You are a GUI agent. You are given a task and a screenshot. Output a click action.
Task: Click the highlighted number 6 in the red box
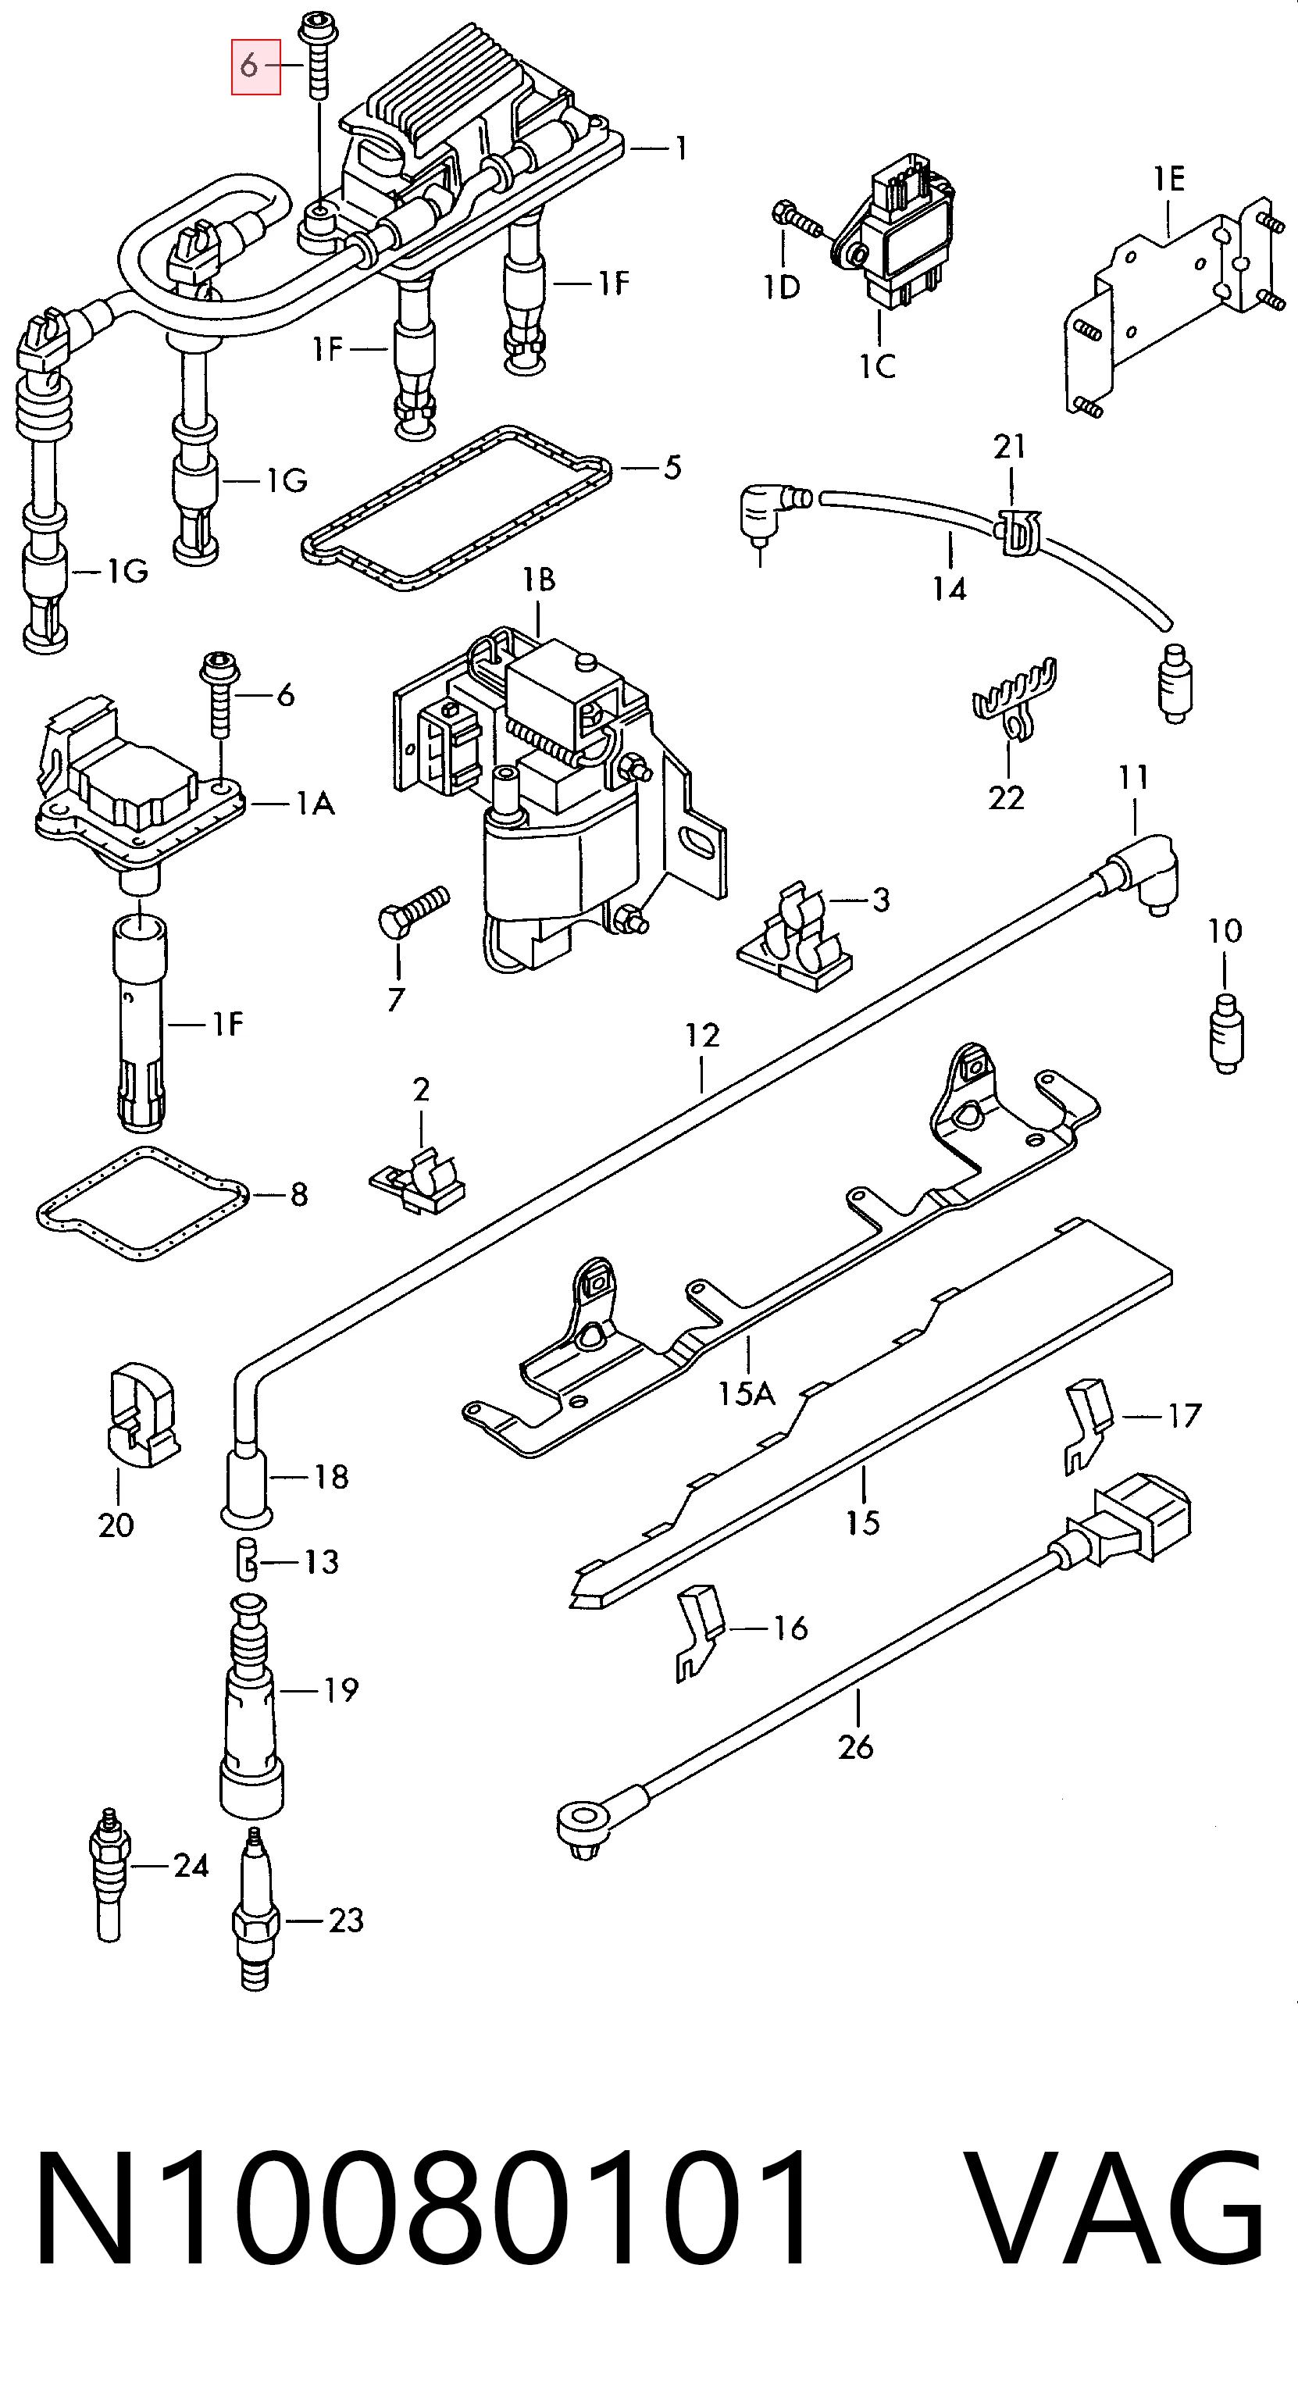click(248, 66)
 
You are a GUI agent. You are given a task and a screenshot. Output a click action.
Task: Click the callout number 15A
click(746, 1393)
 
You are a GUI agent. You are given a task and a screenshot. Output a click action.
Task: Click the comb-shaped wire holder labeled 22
click(1015, 698)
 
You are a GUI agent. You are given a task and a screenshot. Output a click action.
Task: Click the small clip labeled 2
click(418, 1185)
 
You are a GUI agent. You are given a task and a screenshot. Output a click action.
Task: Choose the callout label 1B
click(538, 580)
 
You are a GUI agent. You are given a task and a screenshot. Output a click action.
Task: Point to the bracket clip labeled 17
click(1088, 1425)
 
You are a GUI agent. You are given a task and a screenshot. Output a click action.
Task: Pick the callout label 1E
click(1168, 177)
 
